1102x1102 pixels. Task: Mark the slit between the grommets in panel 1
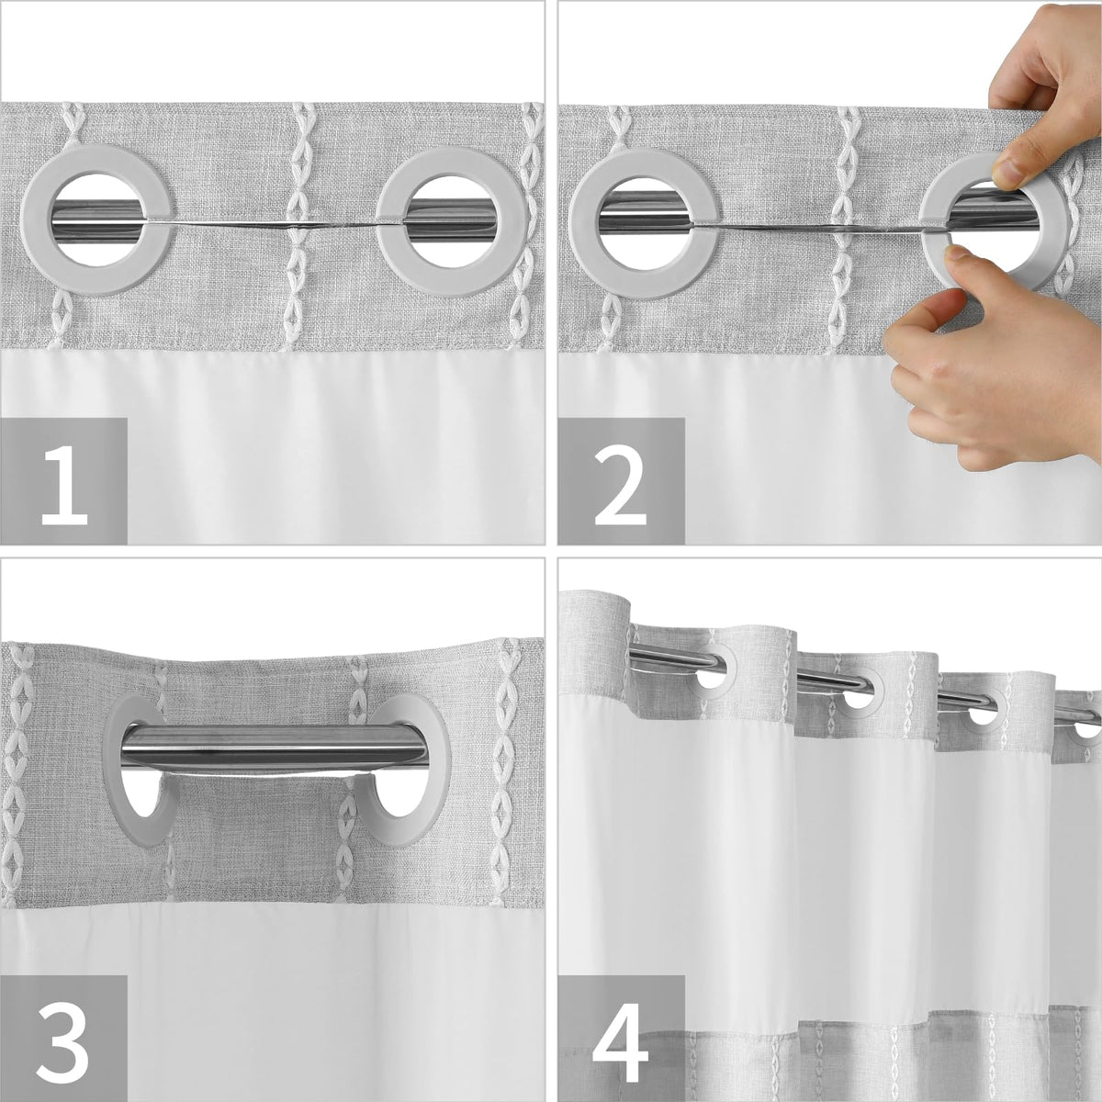click(274, 224)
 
